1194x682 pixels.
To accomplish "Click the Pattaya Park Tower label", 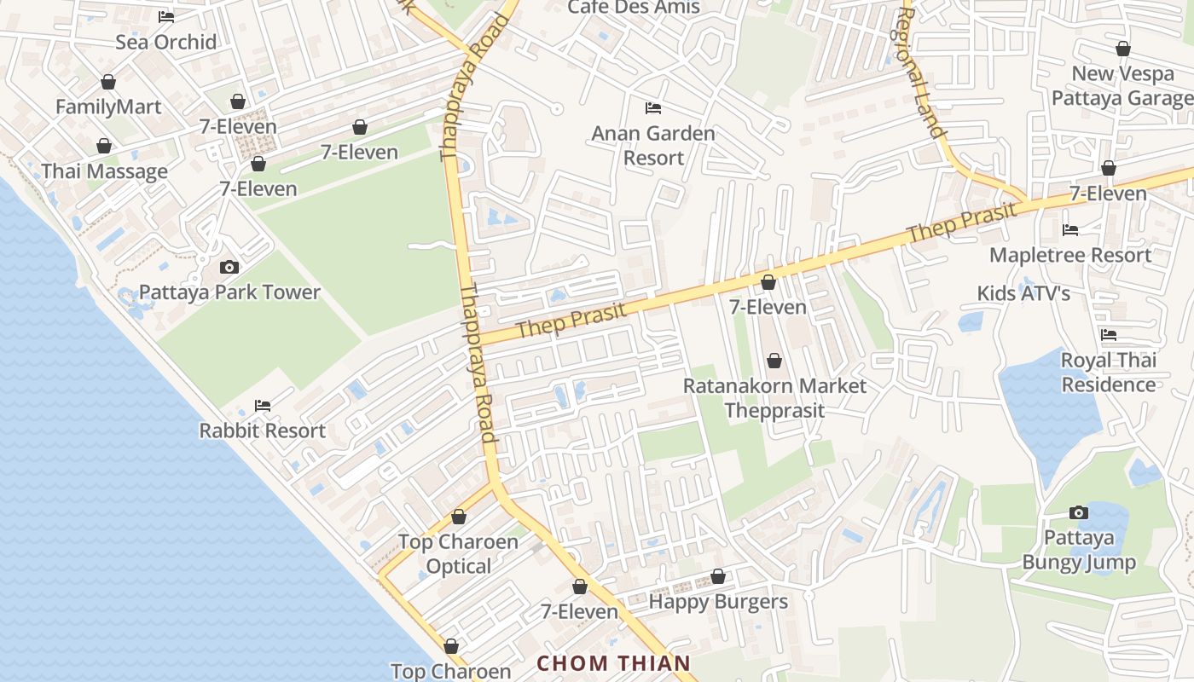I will click(229, 292).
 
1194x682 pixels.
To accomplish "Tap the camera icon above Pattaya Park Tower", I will click(229, 268).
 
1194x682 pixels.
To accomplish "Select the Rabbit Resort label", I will click(263, 431).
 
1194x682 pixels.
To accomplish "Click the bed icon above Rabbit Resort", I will click(263, 406).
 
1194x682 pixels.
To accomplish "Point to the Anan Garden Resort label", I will click(653, 146).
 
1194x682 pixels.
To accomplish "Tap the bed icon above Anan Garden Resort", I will click(653, 108).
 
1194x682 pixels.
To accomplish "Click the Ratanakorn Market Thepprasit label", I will click(774, 398).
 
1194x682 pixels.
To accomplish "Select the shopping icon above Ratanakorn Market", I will click(774, 361).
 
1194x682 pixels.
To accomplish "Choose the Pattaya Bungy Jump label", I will click(1079, 550).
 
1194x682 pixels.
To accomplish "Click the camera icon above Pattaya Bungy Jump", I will click(1079, 513).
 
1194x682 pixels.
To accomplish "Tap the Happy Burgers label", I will click(718, 602).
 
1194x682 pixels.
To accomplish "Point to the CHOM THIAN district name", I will click(614, 663).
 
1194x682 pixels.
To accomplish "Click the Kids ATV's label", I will click(1023, 293).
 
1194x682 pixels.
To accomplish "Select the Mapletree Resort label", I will click(1070, 255).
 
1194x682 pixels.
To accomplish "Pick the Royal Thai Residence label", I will click(1109, 373).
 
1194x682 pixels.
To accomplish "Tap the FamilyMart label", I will click(108, 107).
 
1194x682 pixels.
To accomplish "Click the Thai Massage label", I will click(105, 171).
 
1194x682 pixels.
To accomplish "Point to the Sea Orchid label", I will click(166, 42).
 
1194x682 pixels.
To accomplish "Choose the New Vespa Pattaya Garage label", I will click(1122, 85).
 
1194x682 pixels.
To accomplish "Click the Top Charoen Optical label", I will click(459, 554).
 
